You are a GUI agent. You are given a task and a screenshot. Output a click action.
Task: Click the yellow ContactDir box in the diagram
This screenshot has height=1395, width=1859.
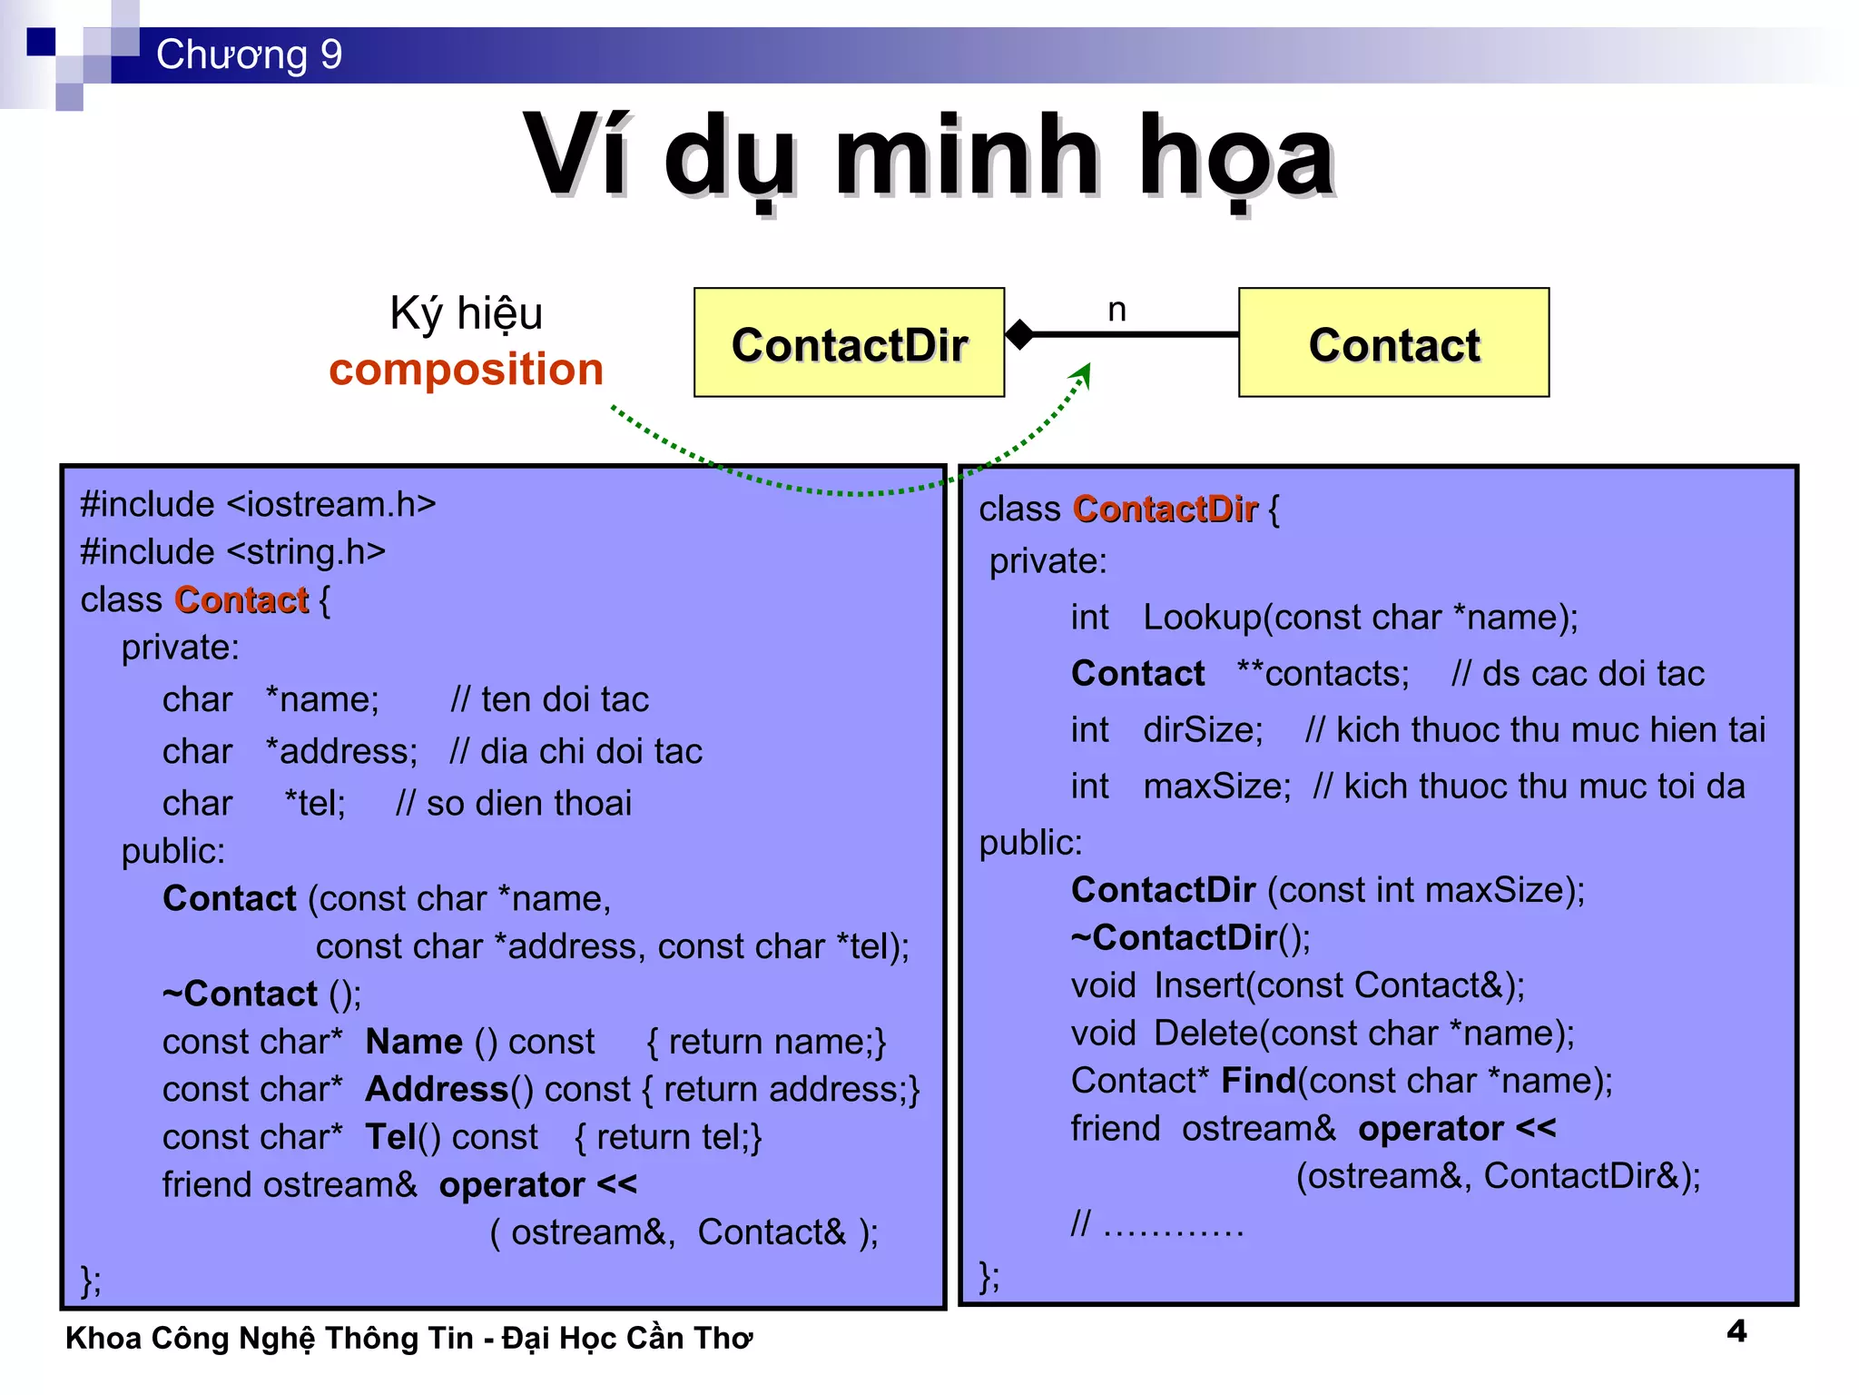click(849, 343)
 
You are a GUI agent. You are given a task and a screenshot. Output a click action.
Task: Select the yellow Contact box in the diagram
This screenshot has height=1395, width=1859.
click(1393, 343)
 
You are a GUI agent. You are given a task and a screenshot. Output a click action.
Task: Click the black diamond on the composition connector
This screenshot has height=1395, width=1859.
click(1020, 334)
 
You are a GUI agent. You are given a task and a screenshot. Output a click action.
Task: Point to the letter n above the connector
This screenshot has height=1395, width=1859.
click(1116, 311)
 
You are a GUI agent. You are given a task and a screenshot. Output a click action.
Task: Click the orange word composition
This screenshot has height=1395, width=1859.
click(466, 369)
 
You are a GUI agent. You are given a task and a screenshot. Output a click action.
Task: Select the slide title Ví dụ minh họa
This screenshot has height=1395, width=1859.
click(928, 156)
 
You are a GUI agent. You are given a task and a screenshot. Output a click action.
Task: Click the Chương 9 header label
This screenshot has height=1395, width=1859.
click(249, 54)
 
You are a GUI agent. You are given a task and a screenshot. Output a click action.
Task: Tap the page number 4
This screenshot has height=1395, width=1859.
click(1736, 1331)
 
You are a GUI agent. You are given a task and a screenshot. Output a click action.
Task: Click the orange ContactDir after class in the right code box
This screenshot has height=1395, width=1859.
click(1165, 510)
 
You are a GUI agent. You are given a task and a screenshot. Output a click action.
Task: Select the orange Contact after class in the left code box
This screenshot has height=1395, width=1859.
click(241, 600)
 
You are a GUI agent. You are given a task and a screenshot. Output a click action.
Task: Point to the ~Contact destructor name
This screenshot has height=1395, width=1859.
click(241, 994)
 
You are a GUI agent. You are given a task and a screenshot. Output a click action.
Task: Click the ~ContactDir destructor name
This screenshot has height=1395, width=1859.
click(1175, 937)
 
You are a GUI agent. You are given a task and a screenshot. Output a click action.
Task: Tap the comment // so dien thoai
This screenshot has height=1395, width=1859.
click(513, 804)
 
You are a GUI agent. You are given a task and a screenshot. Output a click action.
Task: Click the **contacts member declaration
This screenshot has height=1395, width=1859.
click(1323, 674)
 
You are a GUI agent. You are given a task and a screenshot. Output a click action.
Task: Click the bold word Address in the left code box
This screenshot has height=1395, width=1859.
click(437, 1089)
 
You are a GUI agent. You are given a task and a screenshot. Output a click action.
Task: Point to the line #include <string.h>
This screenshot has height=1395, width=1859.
click(233, 552)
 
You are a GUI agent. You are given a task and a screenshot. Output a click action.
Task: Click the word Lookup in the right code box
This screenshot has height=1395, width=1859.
click(1202, 618)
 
